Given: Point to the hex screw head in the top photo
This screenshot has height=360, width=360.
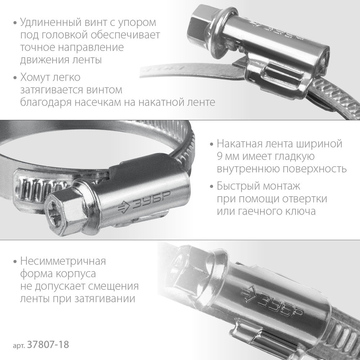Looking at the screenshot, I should [196, 25].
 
